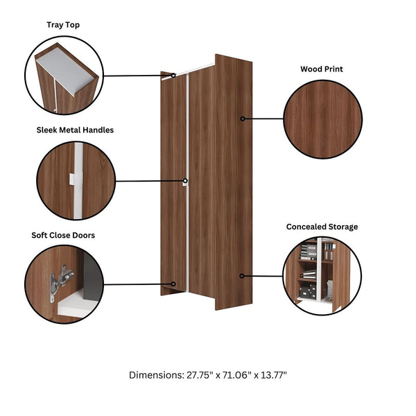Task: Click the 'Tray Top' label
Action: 63,25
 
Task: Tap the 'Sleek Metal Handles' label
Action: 75,130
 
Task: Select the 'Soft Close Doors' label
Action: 63,235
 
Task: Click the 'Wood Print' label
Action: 322,69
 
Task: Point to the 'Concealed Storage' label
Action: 322,227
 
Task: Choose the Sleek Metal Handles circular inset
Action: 75,181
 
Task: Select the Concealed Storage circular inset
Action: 322,275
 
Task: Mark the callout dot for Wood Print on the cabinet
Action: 243,119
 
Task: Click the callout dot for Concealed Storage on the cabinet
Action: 242,276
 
